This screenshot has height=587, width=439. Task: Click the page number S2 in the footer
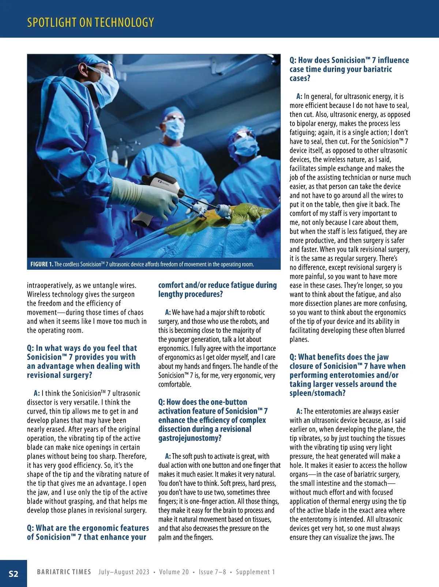(x=13, y=573)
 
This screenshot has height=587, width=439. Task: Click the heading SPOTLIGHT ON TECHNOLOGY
(x=90, y=22)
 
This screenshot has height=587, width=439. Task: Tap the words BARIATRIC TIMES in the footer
(x=64, y=572)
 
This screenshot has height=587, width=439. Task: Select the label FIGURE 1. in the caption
(x=42, y=264)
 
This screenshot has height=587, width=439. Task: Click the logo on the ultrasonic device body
(x=162, y=182)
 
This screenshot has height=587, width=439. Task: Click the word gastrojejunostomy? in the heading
(x=190, y=438)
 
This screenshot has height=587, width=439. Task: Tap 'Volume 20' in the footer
(x=174, y=572)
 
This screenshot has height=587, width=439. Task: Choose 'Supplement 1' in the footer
(x=255, y=572)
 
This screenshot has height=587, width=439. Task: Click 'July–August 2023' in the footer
(x=124, y=572)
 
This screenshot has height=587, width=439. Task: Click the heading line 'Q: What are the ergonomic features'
(x=88, y=528)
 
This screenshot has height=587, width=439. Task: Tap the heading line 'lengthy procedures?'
(x=191, y=294)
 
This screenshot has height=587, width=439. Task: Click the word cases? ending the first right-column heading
(x=300, y=78)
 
